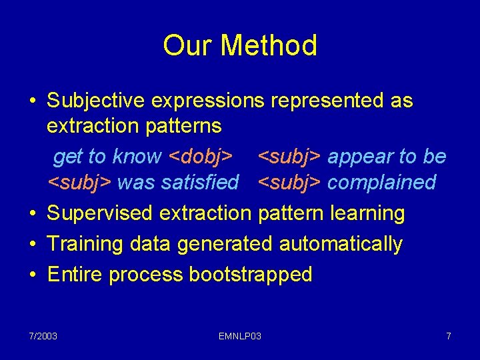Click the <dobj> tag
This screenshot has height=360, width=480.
pyautogui.click(x=201, y=157)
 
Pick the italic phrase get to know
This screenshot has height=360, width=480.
pyautogui.click(x=107, y=157)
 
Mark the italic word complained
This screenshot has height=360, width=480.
pyautogui.click(x=381, y=182)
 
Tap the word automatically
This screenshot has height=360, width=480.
pyautogui.click(x=341, y=244)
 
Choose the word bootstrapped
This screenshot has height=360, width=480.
pyautogui.click(x=251, y=275)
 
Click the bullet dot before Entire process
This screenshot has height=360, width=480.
pyautogui.click(x=33, y=275)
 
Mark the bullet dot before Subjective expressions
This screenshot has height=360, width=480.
pyautogui.click(x=33, y=101)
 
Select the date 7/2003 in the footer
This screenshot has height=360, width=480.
pyautogui.click(x=43, y=336)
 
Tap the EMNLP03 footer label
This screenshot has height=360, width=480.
pyautogui.click(x=240, y=336)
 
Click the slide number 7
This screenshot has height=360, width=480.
pyautogui.click(x=449, y=336)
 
